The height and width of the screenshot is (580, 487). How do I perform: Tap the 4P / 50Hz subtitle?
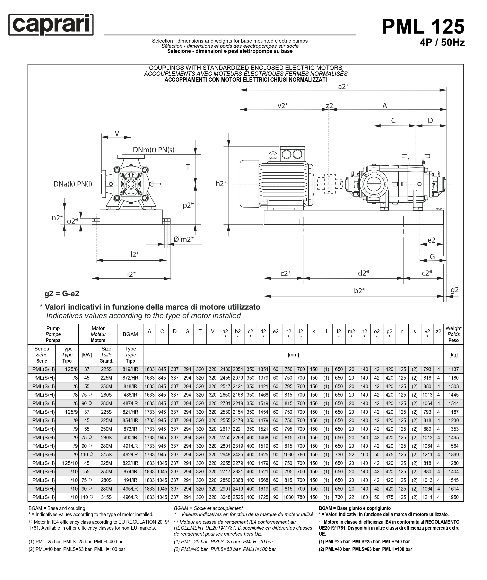[442, 43]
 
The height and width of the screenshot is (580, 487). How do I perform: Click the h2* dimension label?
[221, 183]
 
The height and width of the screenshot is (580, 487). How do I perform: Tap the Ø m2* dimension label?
[183, 239]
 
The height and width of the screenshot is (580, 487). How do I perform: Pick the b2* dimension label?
[359, 291]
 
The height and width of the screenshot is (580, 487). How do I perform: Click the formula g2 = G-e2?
[62, 294]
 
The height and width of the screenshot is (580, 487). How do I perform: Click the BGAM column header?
[130, 334]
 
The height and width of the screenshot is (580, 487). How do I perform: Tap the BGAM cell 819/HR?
[130, 369]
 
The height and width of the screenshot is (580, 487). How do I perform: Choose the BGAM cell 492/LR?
[130, 455]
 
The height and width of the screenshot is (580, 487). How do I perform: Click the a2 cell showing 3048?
[225, 497]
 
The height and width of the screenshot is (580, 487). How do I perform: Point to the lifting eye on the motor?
[273, 156]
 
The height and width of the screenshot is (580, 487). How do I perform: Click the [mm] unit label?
[293, 355]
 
